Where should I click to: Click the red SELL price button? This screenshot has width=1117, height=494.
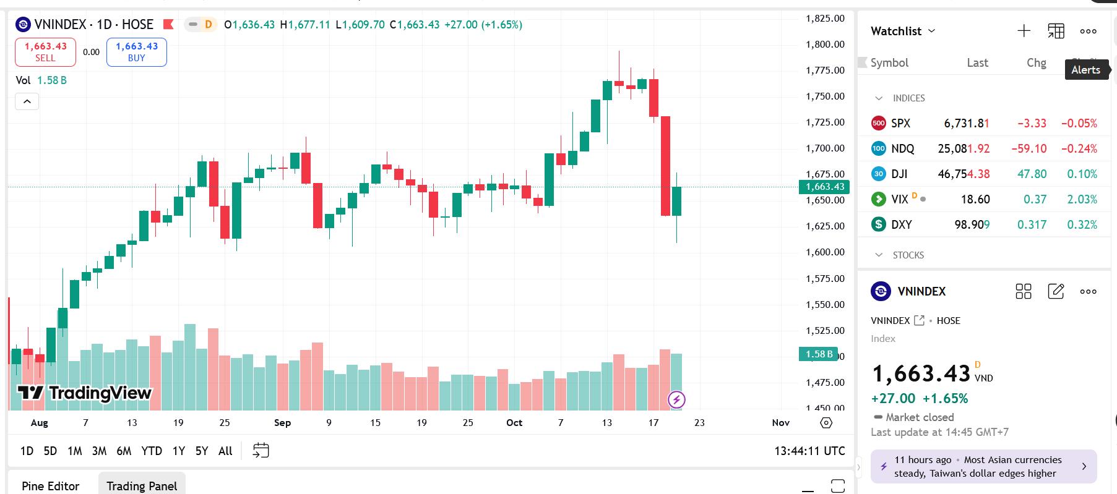[x=45, y=52]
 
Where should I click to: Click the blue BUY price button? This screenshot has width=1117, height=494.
[x=136, y=52]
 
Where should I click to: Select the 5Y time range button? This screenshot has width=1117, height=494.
[x=202, y=451]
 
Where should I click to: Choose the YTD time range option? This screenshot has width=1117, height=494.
[x=152, y=451]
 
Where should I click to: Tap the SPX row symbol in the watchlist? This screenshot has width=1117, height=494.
[x=900, y=123]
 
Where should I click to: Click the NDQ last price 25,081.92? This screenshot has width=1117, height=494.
[x=964, y=148]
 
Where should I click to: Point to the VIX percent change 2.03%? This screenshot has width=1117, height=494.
[x=1082, y=199]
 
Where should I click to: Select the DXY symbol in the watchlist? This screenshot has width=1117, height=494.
[x=901, y=224]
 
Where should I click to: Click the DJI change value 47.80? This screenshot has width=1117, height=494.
[x=1032, y=174]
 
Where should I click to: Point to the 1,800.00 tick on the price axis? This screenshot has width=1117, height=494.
[x=825, y=45]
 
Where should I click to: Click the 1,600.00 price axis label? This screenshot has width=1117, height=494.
[x=825, y=252]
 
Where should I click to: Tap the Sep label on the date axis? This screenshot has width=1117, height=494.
[x=282, y=423]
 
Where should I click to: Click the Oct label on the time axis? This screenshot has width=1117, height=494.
[x=514, y=423]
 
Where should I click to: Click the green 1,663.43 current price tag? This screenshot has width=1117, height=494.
[x=824, y=187]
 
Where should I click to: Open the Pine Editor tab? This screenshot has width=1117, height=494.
[x=51, y=486]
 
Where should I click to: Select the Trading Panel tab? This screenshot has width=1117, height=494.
[x=142, y=486]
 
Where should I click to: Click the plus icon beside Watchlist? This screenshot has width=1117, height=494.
[x=1024, y=31]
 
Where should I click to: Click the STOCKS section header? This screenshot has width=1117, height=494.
[x=908, y=255]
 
